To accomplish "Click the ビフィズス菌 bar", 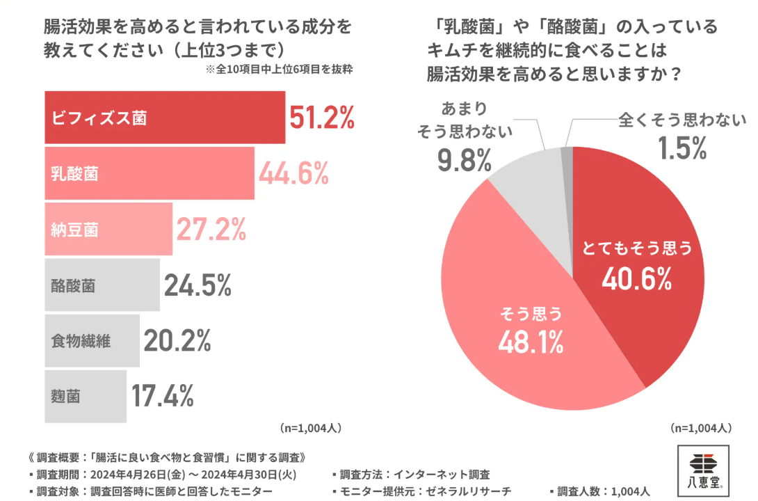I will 165,118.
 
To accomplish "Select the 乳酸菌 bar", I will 150,173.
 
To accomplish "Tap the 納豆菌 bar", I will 108,228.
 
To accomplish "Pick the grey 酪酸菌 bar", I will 102,285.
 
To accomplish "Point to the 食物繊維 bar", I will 92,340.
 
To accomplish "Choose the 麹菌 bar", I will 86,396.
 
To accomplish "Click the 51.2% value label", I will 322,119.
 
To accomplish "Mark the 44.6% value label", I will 293,174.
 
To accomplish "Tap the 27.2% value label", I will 211,229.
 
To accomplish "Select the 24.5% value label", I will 198,285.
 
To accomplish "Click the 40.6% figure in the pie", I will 636,279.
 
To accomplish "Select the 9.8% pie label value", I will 465,160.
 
